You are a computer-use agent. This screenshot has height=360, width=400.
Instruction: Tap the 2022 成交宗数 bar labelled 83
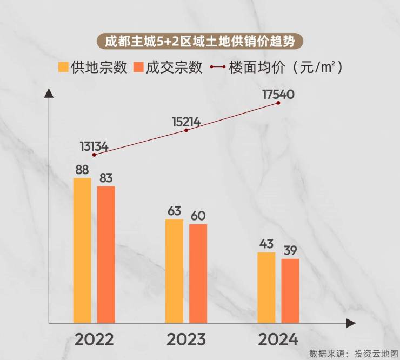pos(106,254)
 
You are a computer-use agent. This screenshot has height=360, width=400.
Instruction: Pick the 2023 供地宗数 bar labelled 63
pos(174,270)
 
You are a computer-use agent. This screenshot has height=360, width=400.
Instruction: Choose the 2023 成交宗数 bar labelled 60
pos(198,273)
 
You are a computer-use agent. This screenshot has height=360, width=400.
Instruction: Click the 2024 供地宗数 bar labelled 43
pos(266,287)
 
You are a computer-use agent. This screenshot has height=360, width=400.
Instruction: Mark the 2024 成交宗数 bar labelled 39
pos(290,290)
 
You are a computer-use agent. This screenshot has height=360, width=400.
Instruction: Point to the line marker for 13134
pos(95,155)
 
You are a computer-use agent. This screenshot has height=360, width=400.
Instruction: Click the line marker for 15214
pos(186,130)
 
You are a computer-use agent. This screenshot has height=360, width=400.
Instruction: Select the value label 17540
pos(278,94)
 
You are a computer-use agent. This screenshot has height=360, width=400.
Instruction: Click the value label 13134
pos(94,145)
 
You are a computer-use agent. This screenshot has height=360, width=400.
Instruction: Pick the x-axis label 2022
pos(94,339)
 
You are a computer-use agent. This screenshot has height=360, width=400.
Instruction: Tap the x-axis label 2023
pos(186,339)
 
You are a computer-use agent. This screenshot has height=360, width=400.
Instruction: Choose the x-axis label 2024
pos(278,339)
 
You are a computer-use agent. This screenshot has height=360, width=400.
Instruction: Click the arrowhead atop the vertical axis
pos(49,93)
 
